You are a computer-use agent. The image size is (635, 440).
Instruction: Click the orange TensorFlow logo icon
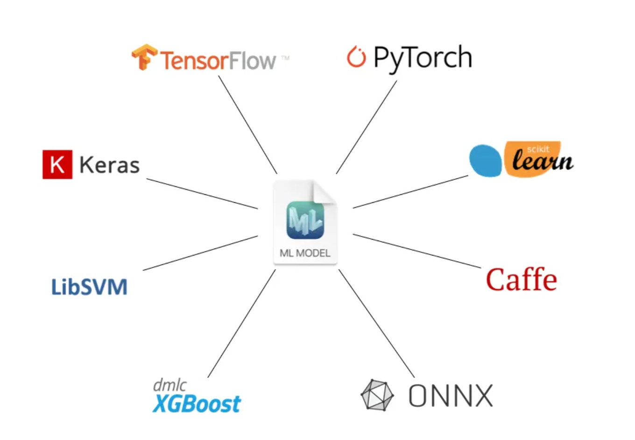click(x=144, y=57)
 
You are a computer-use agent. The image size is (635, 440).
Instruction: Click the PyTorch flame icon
click(x=356, y=57)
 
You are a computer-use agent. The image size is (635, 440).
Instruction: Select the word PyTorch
click(x=423, y=58)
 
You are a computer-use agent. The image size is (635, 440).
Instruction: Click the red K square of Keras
click(x=57, y=164)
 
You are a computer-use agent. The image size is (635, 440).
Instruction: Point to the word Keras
click(x=110, y=165)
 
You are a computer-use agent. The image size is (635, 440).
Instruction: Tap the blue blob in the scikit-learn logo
click(x=486, y=161)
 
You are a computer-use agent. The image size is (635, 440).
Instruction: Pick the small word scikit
click(x=538, y=149)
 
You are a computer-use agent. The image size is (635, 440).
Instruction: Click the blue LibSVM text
click(x=89, y=287)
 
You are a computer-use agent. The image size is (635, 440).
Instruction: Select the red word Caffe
click(x=522, y=280)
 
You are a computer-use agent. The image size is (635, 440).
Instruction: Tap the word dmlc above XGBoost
click(x=169, y=385)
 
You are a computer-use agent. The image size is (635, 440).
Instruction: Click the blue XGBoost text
click(x=197, y=404)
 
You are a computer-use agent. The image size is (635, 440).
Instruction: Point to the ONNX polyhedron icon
click(x=377, y=395)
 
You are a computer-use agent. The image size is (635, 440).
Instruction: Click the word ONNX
click(x=451, y=396)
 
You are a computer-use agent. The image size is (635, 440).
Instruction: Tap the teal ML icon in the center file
click(x=305, y=220)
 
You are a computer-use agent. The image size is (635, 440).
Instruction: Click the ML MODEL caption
click(x=305, y=253)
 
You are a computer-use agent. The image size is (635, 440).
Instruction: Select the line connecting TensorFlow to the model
click(x=247, y=125)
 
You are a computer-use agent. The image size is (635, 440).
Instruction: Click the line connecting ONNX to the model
click(x=376, y=323)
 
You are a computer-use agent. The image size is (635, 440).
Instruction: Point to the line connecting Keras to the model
click(x=202, y=193)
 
